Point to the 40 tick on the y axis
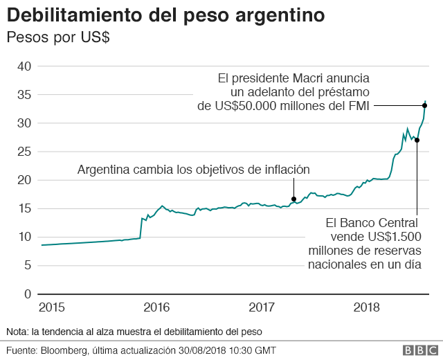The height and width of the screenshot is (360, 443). point(24,66)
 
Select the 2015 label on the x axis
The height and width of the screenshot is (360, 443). point(52,307)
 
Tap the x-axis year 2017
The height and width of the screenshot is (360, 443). point(262,307)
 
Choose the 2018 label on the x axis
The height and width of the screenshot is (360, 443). point(367,307)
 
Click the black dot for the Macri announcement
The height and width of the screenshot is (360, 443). point(424,105)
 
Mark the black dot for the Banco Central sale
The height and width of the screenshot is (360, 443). point(417,140)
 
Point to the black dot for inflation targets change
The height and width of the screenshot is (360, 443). point(293,199)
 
